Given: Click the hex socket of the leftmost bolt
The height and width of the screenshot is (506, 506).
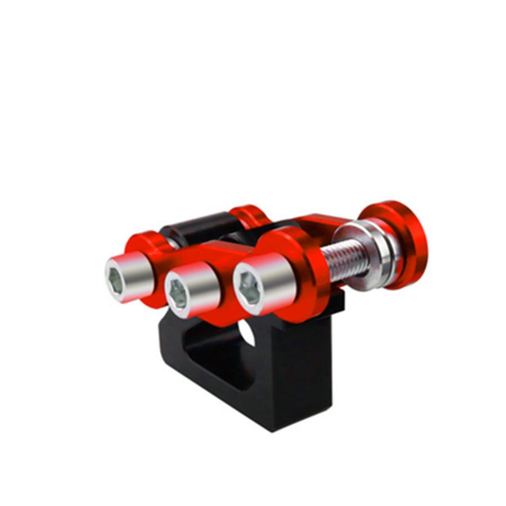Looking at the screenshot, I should tap(115, 279).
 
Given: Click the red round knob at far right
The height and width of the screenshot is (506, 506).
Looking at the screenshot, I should tap(401, 242).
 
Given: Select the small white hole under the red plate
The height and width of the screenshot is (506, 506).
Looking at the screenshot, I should tap(248, 332).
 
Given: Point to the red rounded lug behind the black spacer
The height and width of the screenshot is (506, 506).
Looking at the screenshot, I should tap(250, 217).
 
